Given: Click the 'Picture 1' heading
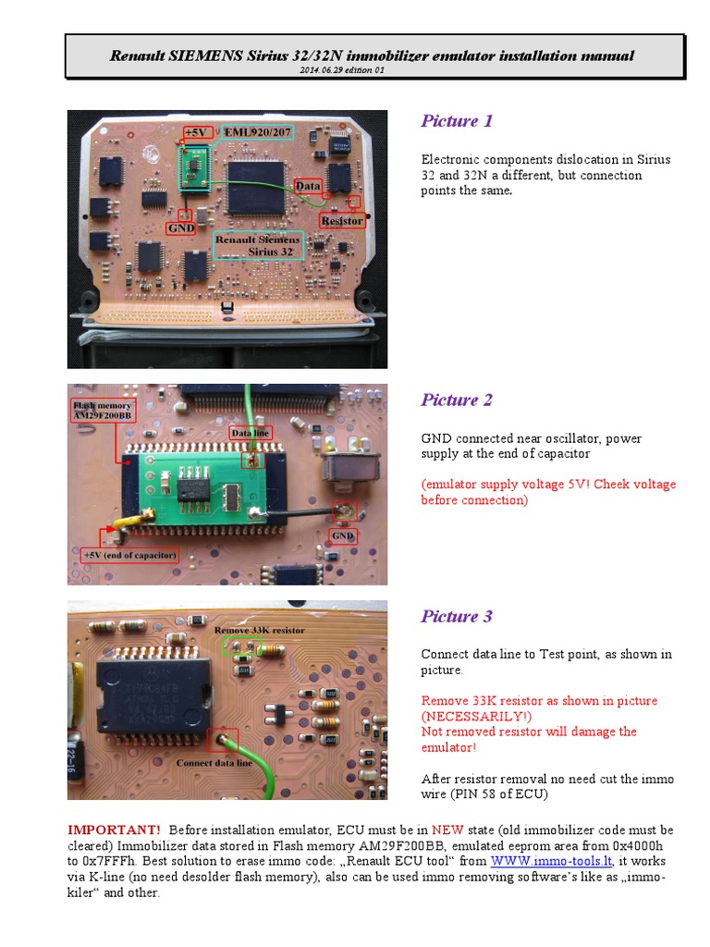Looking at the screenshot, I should pos(457,121).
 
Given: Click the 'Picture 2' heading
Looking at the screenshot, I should pos(457,400).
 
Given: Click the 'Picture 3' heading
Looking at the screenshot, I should pos(457,617).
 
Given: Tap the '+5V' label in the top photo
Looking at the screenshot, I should pos(197,132).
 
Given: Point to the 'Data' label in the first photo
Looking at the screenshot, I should pos(308,186).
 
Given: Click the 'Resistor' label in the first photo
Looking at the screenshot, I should pos(341,221).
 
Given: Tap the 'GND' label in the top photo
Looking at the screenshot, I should pos(180,227).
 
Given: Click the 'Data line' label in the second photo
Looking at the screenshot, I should pos(251,433).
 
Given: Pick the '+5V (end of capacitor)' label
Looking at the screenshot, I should pos(129,555).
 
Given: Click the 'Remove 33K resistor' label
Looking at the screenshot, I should pos(259,630).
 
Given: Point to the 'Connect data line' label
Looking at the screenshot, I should pos(214,763).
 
